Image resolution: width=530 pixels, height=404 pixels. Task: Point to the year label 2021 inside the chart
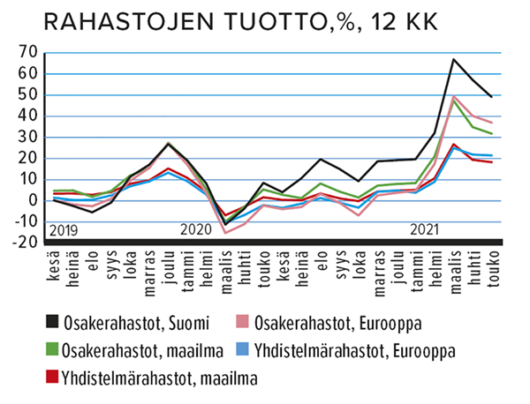click(x=425, y=231)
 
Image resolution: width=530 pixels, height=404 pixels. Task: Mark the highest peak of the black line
click(x=452, y=60)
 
